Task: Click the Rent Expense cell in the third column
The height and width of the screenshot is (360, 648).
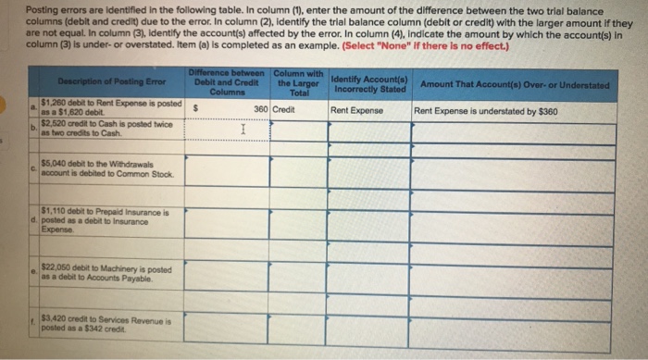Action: [356, 110]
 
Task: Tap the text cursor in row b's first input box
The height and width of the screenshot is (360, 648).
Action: [241, 131]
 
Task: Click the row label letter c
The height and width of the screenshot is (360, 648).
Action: [31, 168]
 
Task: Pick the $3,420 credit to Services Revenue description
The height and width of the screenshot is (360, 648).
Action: [104, 323]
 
